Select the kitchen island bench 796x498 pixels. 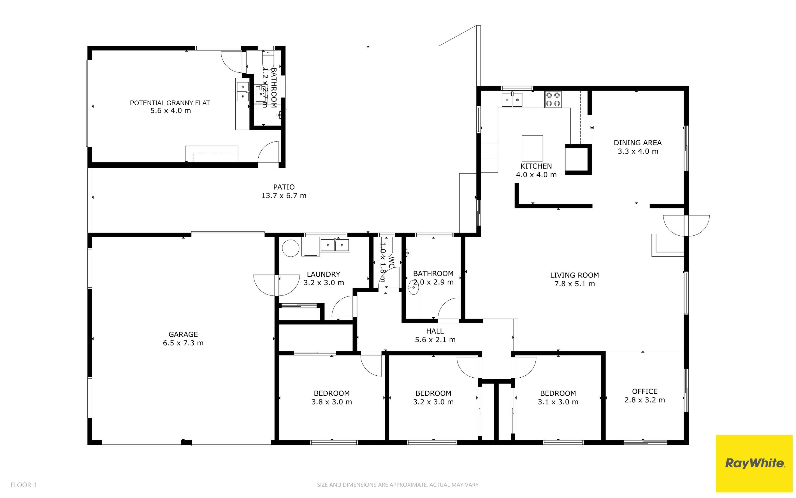532,148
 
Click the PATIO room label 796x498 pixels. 284,187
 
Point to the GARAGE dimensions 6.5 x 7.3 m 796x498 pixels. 183,343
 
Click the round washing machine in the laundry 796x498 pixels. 291,248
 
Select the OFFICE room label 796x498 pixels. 645,391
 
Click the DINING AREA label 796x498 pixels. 637,143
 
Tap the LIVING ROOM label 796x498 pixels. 574,275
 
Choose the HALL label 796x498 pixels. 435,331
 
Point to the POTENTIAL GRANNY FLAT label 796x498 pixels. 170,103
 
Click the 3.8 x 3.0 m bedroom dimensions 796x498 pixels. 331,402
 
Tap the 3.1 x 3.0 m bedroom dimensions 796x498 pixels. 558,402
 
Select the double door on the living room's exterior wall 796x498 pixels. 686,225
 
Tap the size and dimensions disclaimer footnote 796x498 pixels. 398,485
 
